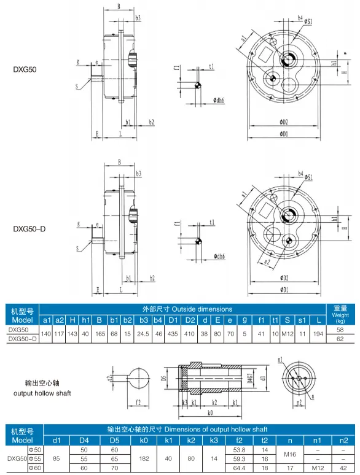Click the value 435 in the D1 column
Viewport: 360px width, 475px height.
[173, 334]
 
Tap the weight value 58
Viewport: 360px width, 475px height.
[340, 330]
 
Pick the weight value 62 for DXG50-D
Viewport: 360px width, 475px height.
[340, 338]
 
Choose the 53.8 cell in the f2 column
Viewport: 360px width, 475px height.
[240, 450]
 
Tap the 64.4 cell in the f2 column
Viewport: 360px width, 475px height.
[240, 468]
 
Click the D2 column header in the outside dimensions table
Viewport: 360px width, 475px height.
[191, 320]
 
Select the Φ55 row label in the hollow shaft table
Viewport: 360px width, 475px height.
[35, 458]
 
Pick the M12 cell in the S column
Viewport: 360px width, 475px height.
[287, 334]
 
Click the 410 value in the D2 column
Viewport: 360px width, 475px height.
[191, 334]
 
